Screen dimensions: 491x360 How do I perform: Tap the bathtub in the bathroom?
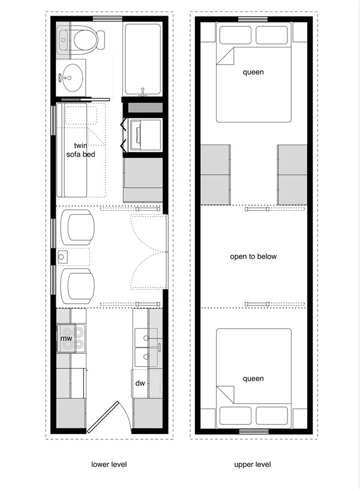pos(143,59)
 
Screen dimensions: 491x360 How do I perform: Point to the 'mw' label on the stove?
pos(66,339)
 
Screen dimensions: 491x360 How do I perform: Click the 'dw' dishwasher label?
pos(140,382)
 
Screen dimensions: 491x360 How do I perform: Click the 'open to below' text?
pos(253,256)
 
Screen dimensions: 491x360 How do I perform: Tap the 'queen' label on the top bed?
pos(253,73)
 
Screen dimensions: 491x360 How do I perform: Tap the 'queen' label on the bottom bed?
pos(253,379)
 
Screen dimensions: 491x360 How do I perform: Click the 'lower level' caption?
pos(109,464)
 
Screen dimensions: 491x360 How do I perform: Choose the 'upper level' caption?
pos(253,464)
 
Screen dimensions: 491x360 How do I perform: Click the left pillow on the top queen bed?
pos(235,35)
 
